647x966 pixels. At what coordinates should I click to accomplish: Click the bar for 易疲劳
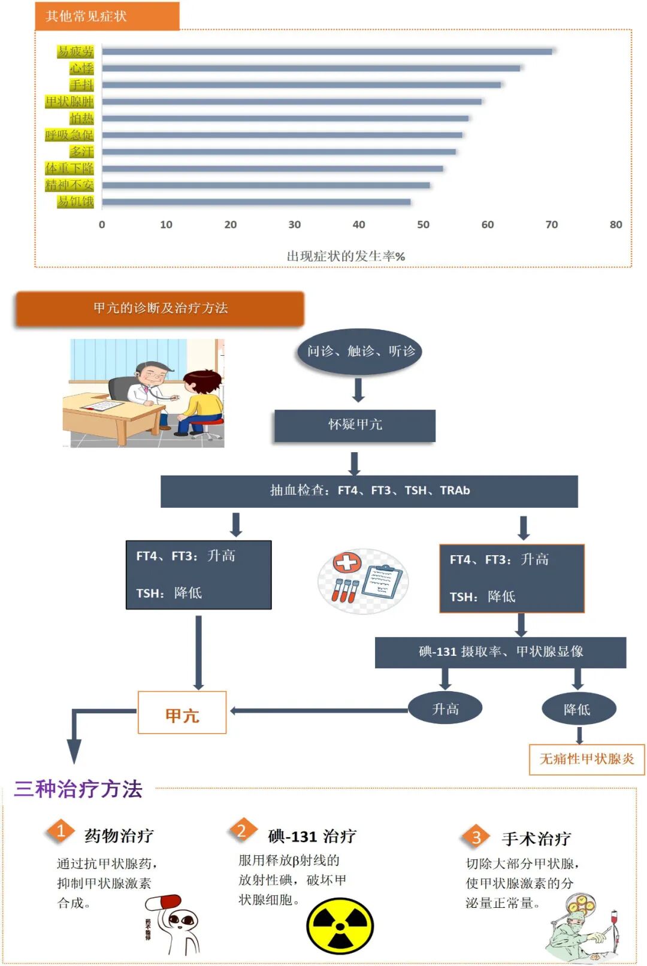(326, 52)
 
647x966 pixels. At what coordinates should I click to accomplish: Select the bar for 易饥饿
(256, 202)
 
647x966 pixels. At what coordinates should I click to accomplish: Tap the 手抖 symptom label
(81, 85)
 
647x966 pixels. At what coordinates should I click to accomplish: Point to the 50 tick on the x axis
(423, 225)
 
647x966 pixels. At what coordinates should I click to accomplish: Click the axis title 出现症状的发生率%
(346, 256)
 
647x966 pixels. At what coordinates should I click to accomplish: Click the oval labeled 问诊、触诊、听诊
(360, 351)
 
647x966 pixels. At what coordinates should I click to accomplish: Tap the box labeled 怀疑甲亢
(355, 425)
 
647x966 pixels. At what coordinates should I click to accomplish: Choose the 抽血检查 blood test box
(369, 491)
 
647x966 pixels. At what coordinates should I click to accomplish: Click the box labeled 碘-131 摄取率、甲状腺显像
(500, 652)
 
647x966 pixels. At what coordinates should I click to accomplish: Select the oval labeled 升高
(445, 709)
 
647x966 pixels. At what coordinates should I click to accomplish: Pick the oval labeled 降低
(578, 710)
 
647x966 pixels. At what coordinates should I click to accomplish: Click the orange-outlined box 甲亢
(182, 713)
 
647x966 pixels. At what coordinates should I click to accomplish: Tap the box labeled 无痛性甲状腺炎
(586, 759)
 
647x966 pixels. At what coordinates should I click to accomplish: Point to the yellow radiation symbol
(340, 926)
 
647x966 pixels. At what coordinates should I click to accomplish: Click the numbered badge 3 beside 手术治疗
(476, 837)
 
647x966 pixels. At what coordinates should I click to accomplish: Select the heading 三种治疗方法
(78, 789)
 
